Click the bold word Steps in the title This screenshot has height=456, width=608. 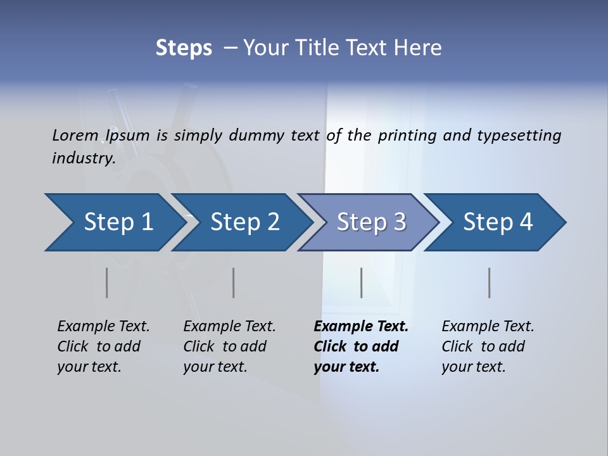(184, 48)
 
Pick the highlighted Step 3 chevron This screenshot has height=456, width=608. (370, 222)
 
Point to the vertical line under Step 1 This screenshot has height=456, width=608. (106, 282)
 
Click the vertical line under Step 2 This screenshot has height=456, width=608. (234, 282)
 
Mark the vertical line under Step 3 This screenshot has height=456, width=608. (361, 282)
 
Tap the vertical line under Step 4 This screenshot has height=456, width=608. (489, 282)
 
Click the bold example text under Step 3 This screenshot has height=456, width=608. (360, 346)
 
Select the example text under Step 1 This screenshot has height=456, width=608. (103, 346)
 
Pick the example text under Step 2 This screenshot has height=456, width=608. (229, 346)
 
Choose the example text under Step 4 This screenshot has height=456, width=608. (487, 346)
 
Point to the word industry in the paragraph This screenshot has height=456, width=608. (83, 158)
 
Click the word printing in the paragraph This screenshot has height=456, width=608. (407, 136)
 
